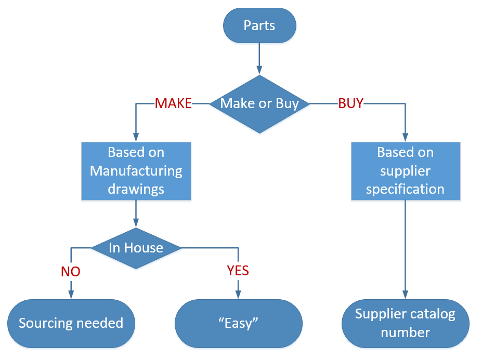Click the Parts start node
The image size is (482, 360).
pos(259,25)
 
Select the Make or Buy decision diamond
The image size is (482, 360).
pos(259,104)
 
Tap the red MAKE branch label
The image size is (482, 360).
pos(173,104)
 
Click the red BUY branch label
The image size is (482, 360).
pos(350,104)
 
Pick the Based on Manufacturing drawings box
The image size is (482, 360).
pos(136,170)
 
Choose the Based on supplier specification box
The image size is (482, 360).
pos(405,170)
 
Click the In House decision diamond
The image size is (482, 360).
pos(136,248)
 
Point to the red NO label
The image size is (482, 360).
pos(71,271)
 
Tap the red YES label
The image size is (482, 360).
pos(238,271)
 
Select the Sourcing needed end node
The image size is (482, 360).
pos(71,323)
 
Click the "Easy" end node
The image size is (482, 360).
pos(239,323)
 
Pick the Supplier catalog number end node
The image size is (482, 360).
pos(405,323)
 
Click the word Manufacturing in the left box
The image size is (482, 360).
pos(136,170)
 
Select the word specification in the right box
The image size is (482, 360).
pos(405,189)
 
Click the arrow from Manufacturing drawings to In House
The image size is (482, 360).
pos(136,213)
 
